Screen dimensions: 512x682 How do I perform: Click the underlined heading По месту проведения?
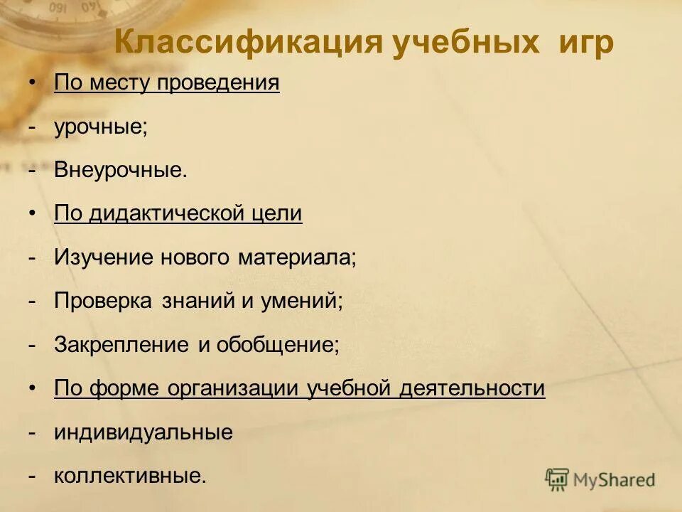pos(167,83)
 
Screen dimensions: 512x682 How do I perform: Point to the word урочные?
pos(99,127)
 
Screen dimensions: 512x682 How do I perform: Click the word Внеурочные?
pos(120,171)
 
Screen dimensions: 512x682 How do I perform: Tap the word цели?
pos(280,214)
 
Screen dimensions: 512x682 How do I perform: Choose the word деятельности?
pos(472,388)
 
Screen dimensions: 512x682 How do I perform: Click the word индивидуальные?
pos(144,432)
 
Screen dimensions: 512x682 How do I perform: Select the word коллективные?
pos(130,476)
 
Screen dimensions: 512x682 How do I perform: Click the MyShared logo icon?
pos(558,479)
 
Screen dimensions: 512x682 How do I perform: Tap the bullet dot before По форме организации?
pos(33,388)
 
